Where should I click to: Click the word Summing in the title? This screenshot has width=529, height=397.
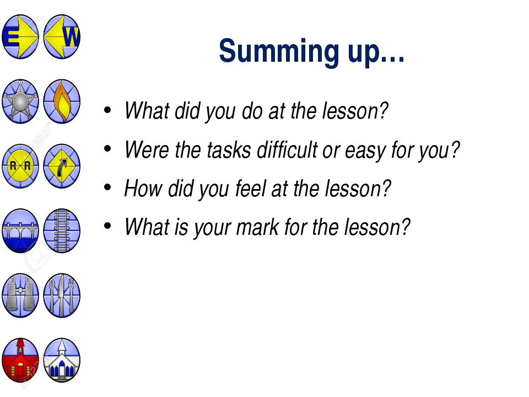(279, 51)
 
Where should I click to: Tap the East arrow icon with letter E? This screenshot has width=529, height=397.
(20, 36)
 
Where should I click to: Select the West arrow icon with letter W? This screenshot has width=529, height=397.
(62, 36)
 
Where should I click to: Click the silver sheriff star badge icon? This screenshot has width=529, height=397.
(20, 101)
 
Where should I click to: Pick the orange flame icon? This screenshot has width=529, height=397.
(62, 101)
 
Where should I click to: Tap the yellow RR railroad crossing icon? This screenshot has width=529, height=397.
(20, 166)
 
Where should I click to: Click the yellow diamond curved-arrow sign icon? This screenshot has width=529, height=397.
(62, 166)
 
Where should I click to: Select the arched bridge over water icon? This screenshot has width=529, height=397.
(20, 231)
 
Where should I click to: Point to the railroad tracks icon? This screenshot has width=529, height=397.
(62, 231)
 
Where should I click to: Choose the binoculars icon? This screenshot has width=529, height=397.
(20, 296)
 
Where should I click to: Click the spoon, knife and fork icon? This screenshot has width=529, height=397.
(62, 296)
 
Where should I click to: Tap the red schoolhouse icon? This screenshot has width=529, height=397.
(20, 360)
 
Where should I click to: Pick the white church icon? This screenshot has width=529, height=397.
(62, 360)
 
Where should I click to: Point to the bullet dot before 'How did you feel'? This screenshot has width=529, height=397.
(107, 187)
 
